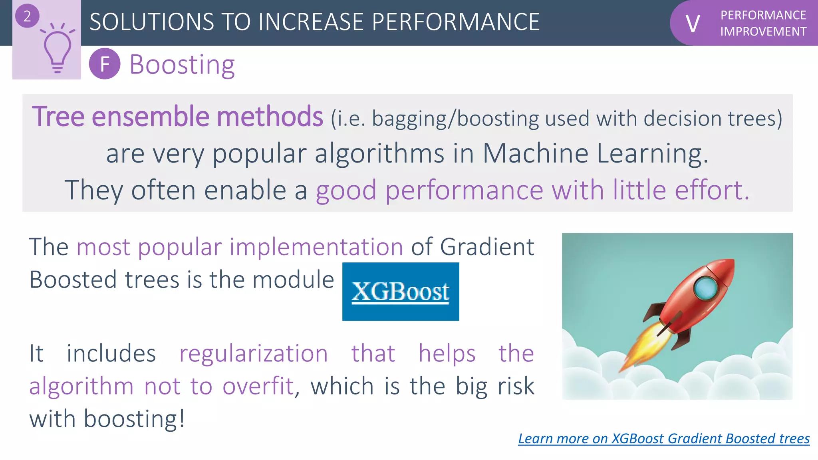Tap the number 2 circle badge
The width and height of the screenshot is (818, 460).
[x=27, y=16]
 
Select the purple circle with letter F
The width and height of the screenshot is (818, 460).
[x=105, y=64]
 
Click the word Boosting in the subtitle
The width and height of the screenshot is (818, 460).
[x=182, y=65]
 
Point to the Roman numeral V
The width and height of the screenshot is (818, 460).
[x=693, y=24]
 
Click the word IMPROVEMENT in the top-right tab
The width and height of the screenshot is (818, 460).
[x=763, y=32]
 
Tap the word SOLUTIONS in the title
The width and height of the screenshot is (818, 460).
[x=152, y=22]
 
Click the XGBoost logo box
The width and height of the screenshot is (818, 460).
[x=401, y=291]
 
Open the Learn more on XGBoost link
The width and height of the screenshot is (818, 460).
[x=664, y=438]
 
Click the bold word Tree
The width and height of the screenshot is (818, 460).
[x=58, y=117]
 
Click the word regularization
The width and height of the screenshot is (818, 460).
[x=254, y=354]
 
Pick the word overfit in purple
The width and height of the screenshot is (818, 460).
[x=258, y=387]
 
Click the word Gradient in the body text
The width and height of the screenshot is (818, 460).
[x=487, y=247]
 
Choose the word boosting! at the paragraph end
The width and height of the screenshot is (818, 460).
[x=134, y=419]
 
